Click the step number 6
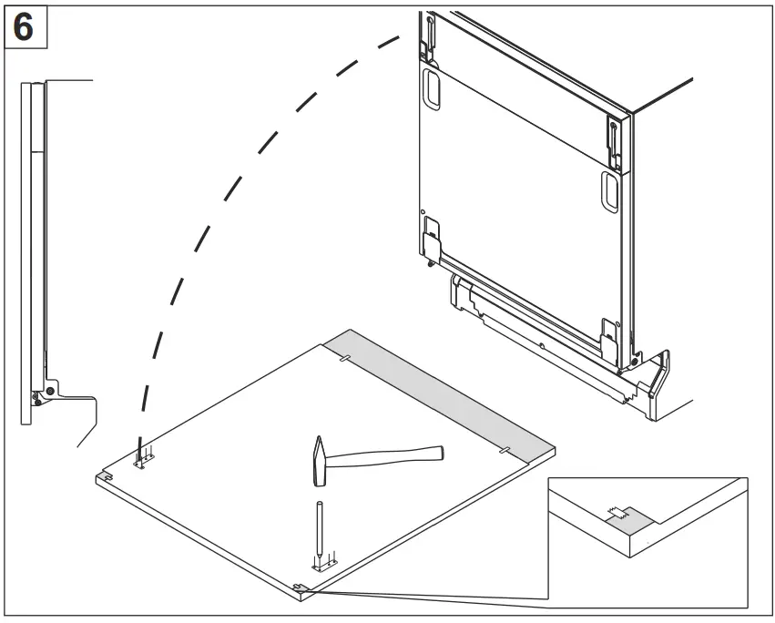click(x=25, y=26)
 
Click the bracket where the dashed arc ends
click(x=143, y=461)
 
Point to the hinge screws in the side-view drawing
click(x=42, y=392)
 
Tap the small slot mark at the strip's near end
click(x=503, y=450)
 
